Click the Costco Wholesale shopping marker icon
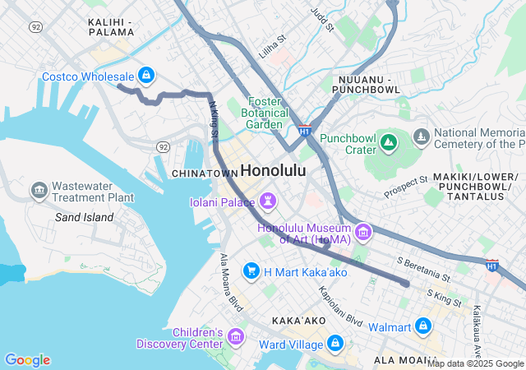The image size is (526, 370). (145, 76)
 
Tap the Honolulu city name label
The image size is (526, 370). (273, 171)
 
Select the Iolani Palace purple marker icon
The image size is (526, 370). (269, 201)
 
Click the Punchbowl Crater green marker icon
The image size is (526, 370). (389, 145)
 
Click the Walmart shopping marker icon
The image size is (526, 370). (423, 326)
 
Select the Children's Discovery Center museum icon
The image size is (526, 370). (236, 337)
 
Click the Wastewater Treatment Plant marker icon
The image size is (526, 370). (39, 192)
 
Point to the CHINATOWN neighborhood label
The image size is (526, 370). (204, 173)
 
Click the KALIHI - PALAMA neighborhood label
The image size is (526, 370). (110, 25)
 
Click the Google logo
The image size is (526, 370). (27, 360)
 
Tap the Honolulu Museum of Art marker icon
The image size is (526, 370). (362, 233)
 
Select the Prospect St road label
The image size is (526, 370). (406, 187)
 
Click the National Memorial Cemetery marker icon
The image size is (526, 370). (422, 136)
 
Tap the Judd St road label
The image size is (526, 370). (321, 20)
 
